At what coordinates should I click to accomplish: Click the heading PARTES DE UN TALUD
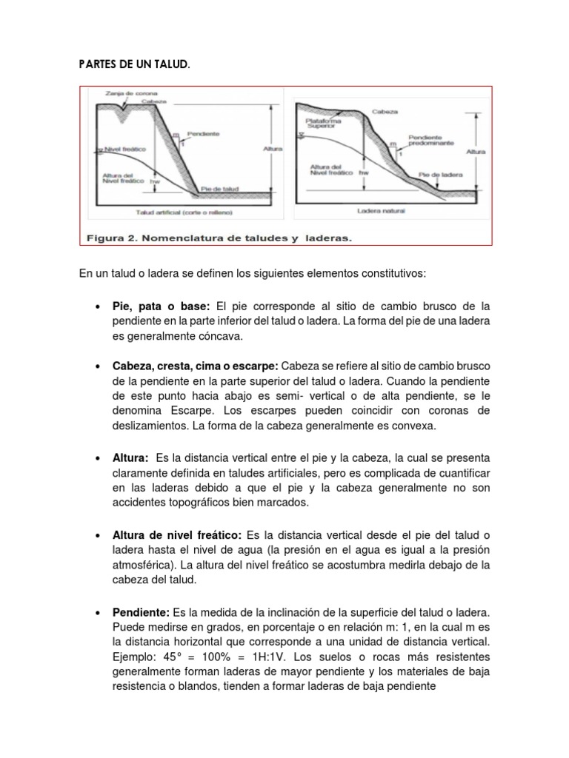(133, 65)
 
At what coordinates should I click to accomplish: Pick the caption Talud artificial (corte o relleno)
(184, 212)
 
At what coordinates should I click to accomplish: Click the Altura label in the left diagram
(273, 149)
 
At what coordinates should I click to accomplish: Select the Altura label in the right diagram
(476, 151)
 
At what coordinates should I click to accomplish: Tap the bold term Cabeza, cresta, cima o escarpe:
(195, 367)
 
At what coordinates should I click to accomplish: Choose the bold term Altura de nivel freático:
(177, 535)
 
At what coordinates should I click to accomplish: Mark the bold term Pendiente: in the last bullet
(141, 613)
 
